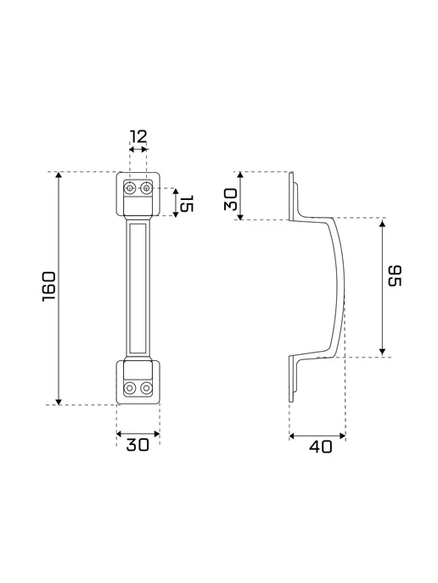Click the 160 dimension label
[x=48, y=286]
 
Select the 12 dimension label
[x=138, y=136]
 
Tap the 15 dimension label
[x=186, y=203]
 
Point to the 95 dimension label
[x=395, y=276]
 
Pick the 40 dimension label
[x=321, y=447]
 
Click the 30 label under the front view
[x=138, y=445]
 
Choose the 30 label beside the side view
[x=231, y=199]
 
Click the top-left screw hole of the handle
[x=129, y=188]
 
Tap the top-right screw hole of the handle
[x=147, y=188]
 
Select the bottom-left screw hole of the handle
[x=130, y=389]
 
